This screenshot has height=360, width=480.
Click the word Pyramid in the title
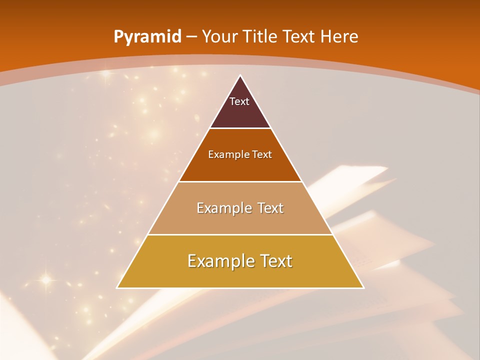coord(147,37)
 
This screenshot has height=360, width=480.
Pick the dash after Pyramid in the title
coord(191,37)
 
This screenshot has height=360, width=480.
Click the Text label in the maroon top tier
coord(239,101)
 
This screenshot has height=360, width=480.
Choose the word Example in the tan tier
coord(221,208)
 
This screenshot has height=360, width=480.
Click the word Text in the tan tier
coord(271,208)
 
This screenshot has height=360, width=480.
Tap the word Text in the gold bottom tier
coord(273,261)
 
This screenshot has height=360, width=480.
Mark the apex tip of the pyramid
coord(240,75)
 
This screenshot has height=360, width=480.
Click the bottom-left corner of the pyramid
coord(117,288)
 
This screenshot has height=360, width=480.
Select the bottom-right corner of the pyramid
coord(363,288)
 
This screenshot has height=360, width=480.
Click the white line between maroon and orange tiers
coord(240,128)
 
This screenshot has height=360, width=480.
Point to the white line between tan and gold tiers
coord(240,234)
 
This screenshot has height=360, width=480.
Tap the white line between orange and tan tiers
coord(240,181)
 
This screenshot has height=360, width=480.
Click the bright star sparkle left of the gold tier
coord(46,279)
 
